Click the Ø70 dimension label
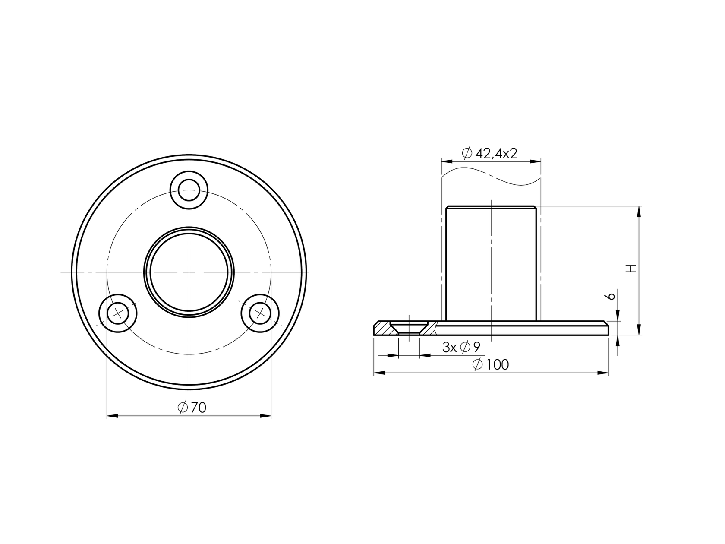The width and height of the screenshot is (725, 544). pyautogui.click(x=192, y=407)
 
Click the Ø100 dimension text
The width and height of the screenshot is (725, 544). pyautogui.click(x=491, y=365)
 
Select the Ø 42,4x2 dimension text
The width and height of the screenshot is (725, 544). pyautogui.click(x=489, y=153)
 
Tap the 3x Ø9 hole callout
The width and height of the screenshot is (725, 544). pyautogui.click(x=461, y=347)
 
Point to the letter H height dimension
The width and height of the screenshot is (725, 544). pyautogui.click(x=631, y=268)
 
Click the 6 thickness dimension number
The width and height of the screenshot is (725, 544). pyautogui.click(x=610, y=296)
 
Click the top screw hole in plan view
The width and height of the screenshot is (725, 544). pyautogui.click(x=189, y=190)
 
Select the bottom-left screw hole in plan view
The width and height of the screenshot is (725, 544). pyautogui.click(x=118, y=313)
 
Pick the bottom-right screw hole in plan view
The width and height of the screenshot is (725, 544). pyautogui.click(x=260, y=313)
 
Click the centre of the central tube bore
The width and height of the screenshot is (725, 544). pyautogui.click(x=189, y=272)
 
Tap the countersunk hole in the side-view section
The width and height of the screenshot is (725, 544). pyautogui.click(x=408, y=328)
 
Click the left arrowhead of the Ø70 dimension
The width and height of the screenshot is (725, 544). pyautogui.click(x=112, y=416)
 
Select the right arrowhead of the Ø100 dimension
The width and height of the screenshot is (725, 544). pyautogui.click(x=603, y=373)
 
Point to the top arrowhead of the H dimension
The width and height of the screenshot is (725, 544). pyautogui.click(x=640, y=212)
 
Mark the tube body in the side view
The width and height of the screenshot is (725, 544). pyautogui.click(x=491, y=263)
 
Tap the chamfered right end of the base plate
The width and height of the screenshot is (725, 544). pyautogui.click(x=605, y=328)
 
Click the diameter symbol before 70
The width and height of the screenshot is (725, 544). pyautogui.click(x=183, y=407)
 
